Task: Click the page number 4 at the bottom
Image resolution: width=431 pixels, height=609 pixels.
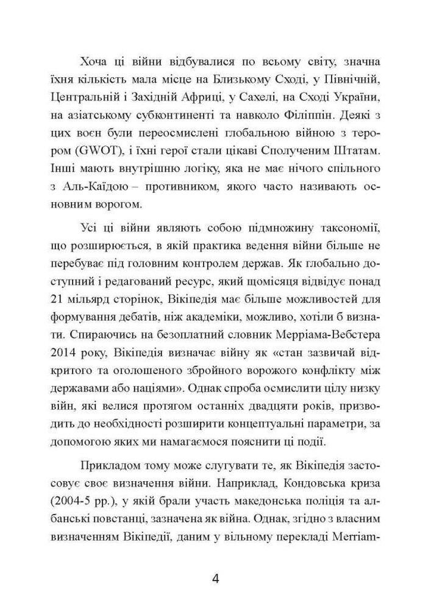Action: [x=215, y=578]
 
